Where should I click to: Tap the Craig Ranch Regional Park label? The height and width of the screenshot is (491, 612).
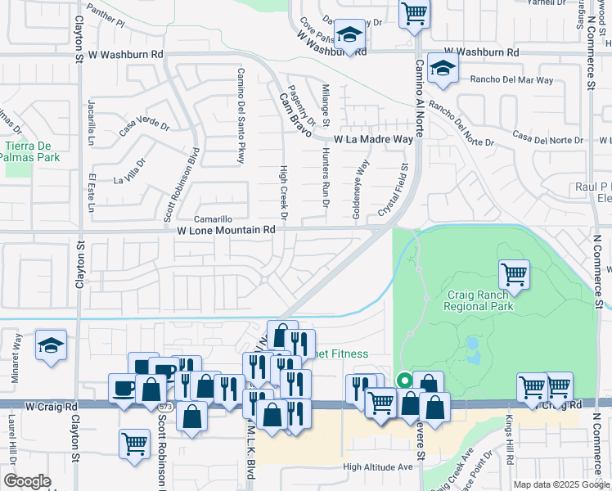pyautogui.click(x=479, y=300)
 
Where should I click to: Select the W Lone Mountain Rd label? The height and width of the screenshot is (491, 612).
pyautogui.click(x=226, y=231)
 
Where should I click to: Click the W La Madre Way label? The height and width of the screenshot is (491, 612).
pyautogui.click(x=373, y=140)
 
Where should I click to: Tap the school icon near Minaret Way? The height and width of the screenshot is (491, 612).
pyautogui.click(x=51, y=345)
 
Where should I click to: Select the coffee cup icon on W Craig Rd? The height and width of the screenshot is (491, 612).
pyautogui.click(x=124, y=388)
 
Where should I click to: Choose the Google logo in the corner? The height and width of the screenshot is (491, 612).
pyautogui.click(x=27, y=481)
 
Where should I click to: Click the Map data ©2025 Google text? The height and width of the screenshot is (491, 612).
pyautogui.click(x=561, y=484)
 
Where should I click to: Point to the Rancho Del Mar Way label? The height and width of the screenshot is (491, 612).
pyautogui.click(x=512, y=80)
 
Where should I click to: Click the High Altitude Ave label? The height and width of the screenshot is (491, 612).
pyautogui.click(x=378, y=467)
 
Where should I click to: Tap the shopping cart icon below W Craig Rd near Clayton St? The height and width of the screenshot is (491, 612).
pyautogui.click(x=135, y=444)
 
